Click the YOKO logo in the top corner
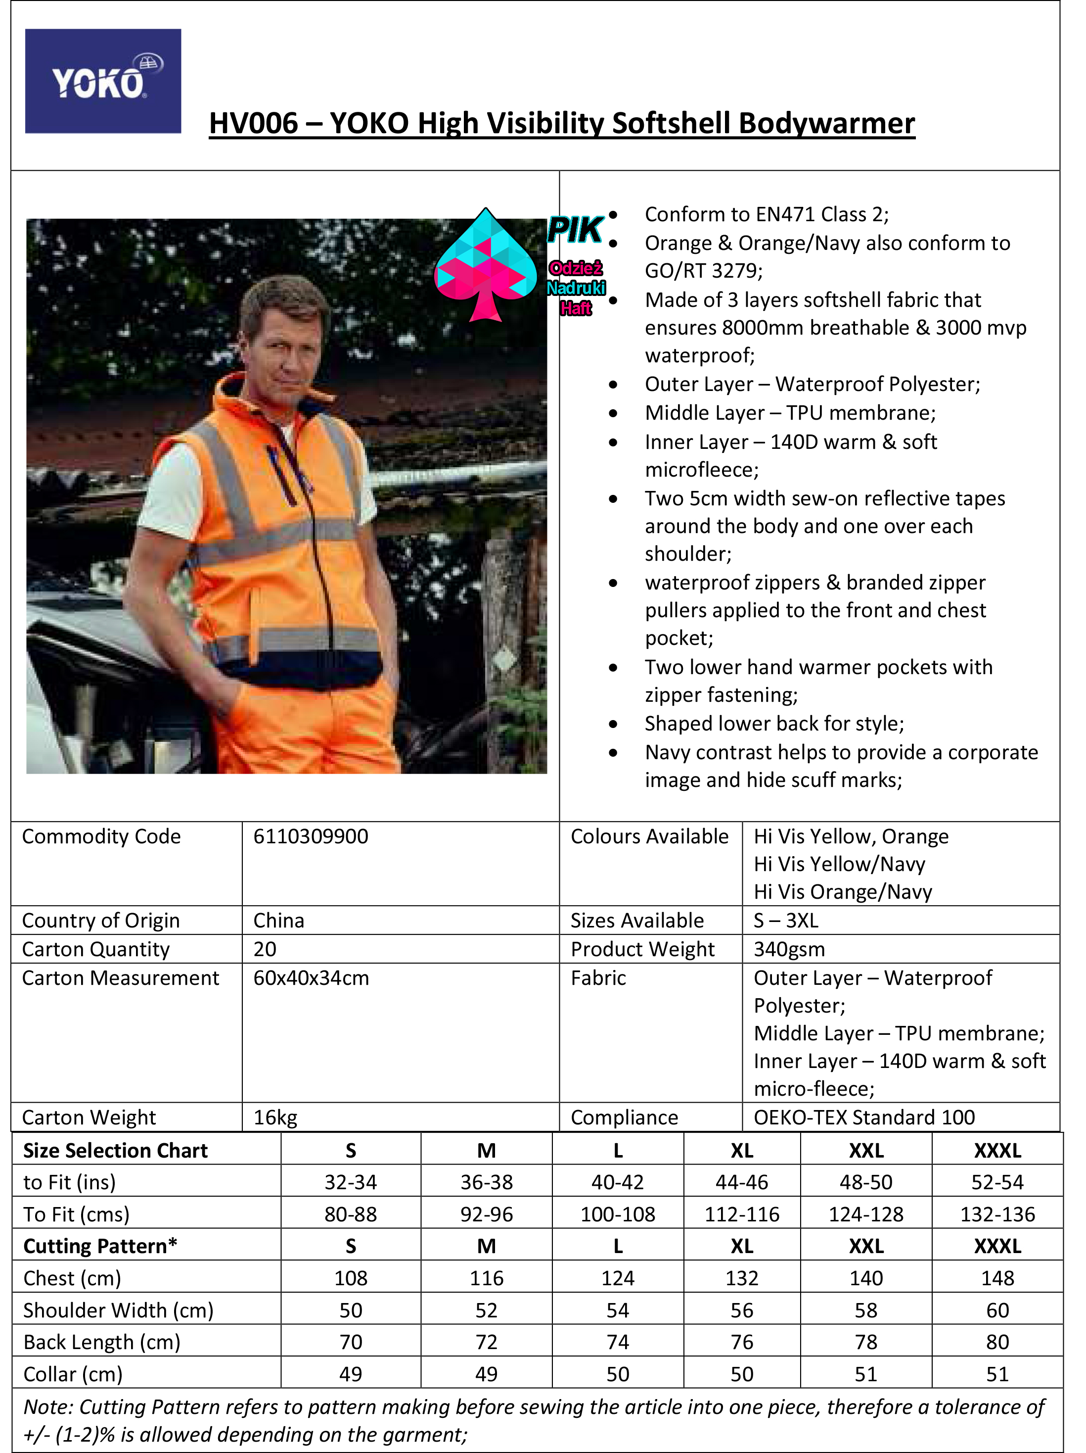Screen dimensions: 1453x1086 pyautogui.click(x=102, y=82)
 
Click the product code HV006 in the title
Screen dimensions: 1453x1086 pyautogui.click(x=253, y=124)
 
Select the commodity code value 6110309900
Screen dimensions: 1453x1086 pyautogui.click(x=311, y=836)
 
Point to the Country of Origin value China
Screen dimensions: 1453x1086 pyautogui.click(x=278, y=920)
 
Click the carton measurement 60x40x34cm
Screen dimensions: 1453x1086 pyautogui.click(x=311, y=978)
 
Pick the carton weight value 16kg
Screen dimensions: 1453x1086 pyautogui.click(x=275, y=1117)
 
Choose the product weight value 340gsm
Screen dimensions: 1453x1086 pyautogui.click(x=789, y=949)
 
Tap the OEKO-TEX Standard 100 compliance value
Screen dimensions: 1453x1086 pyautogui.click(x=863, y=1117)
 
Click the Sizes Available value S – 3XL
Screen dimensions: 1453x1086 pyautogui.click(x=785, y=920)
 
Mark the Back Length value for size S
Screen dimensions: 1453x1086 pyautogui.click(x=351, y=1342)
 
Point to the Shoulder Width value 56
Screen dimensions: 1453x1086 pyautogui.click(x=741, y=1310)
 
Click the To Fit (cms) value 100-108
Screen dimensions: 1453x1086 pyautogui.click(x=617, y=1214)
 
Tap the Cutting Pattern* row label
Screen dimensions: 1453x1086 pyautogui.click(x=100, y=1246)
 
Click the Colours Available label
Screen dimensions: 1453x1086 pyautogui.click(x=649, y=836)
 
